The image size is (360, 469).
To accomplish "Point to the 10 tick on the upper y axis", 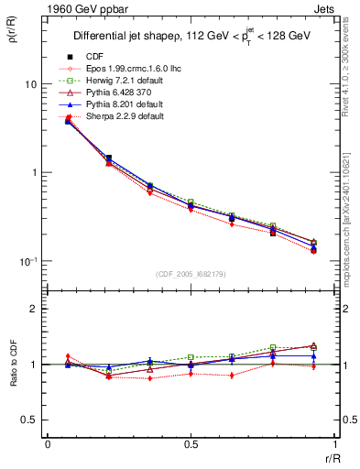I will click(x=29, y=84).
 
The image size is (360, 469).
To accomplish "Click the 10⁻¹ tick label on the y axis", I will click(x=27, y=261).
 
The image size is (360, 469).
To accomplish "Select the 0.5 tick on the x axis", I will click(x=191, y=443).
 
